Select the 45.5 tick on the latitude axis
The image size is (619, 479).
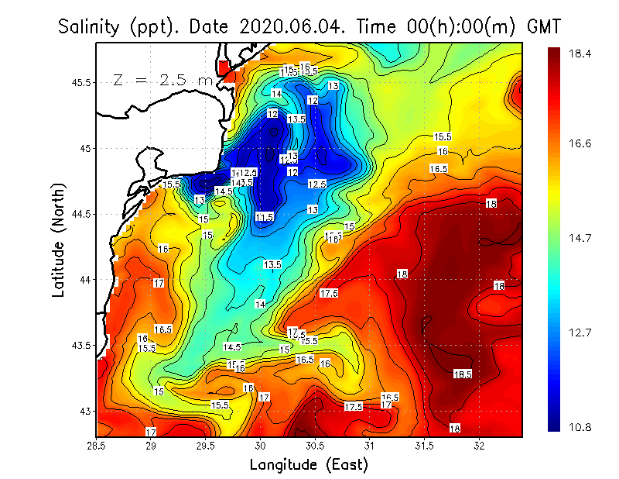tap(79, 82)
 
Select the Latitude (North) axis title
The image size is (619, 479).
tap(60, 241)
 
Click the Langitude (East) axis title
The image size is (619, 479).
tap(309, 465)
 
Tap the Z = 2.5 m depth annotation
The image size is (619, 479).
tap(162, 80)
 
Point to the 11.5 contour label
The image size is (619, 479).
tap(264, 217)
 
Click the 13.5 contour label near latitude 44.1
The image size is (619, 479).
tap(272, 265)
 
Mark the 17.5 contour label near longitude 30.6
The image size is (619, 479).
tap(329, 294)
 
